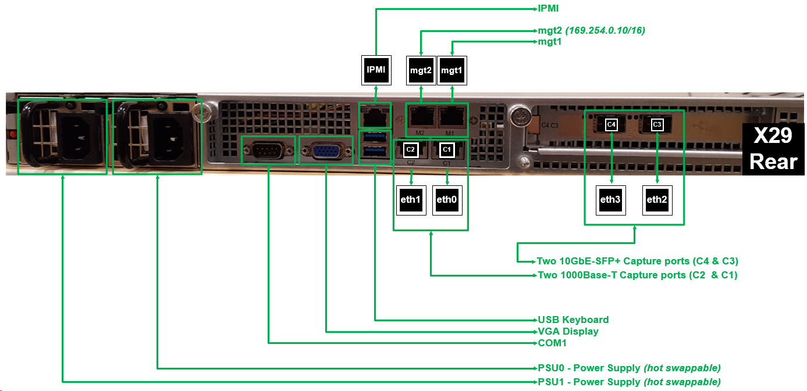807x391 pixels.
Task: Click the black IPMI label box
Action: pyautogui.click(x=376, y=70)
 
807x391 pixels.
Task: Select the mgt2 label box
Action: pyautogui.click(x=421, y=70)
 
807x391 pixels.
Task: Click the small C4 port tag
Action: pyautogui.click(x=611, y=124)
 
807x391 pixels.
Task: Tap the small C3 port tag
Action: pyautogui.click(x=657, y=124)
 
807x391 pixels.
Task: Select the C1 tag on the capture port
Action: pyautogui.click(x=447, y=149)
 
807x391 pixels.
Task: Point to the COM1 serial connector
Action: pyautogui.click(x=268, y=151)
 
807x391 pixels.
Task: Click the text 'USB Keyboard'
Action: pyautogui.click(x=573, y=320)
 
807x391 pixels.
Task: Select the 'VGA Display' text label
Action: pyautogui.click(x=568, y=331)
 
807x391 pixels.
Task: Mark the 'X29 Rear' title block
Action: pyautogui.click(x=773, y=149)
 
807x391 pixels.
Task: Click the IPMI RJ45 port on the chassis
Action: pyautogui.click(x=375, y=116)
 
